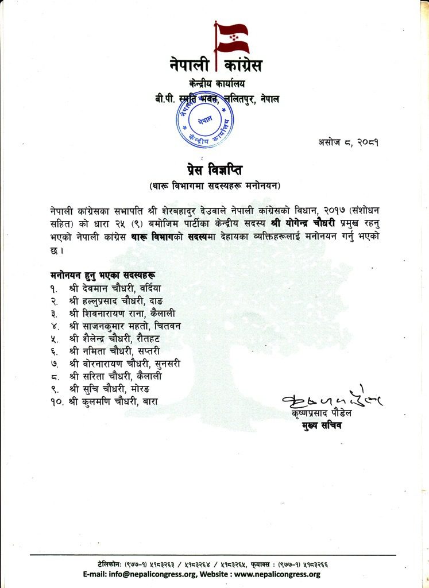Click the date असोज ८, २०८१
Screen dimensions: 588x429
tap(347, 142)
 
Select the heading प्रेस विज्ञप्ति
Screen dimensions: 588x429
tap(214, 169)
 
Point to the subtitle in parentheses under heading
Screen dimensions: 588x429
tap(214, 185)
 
